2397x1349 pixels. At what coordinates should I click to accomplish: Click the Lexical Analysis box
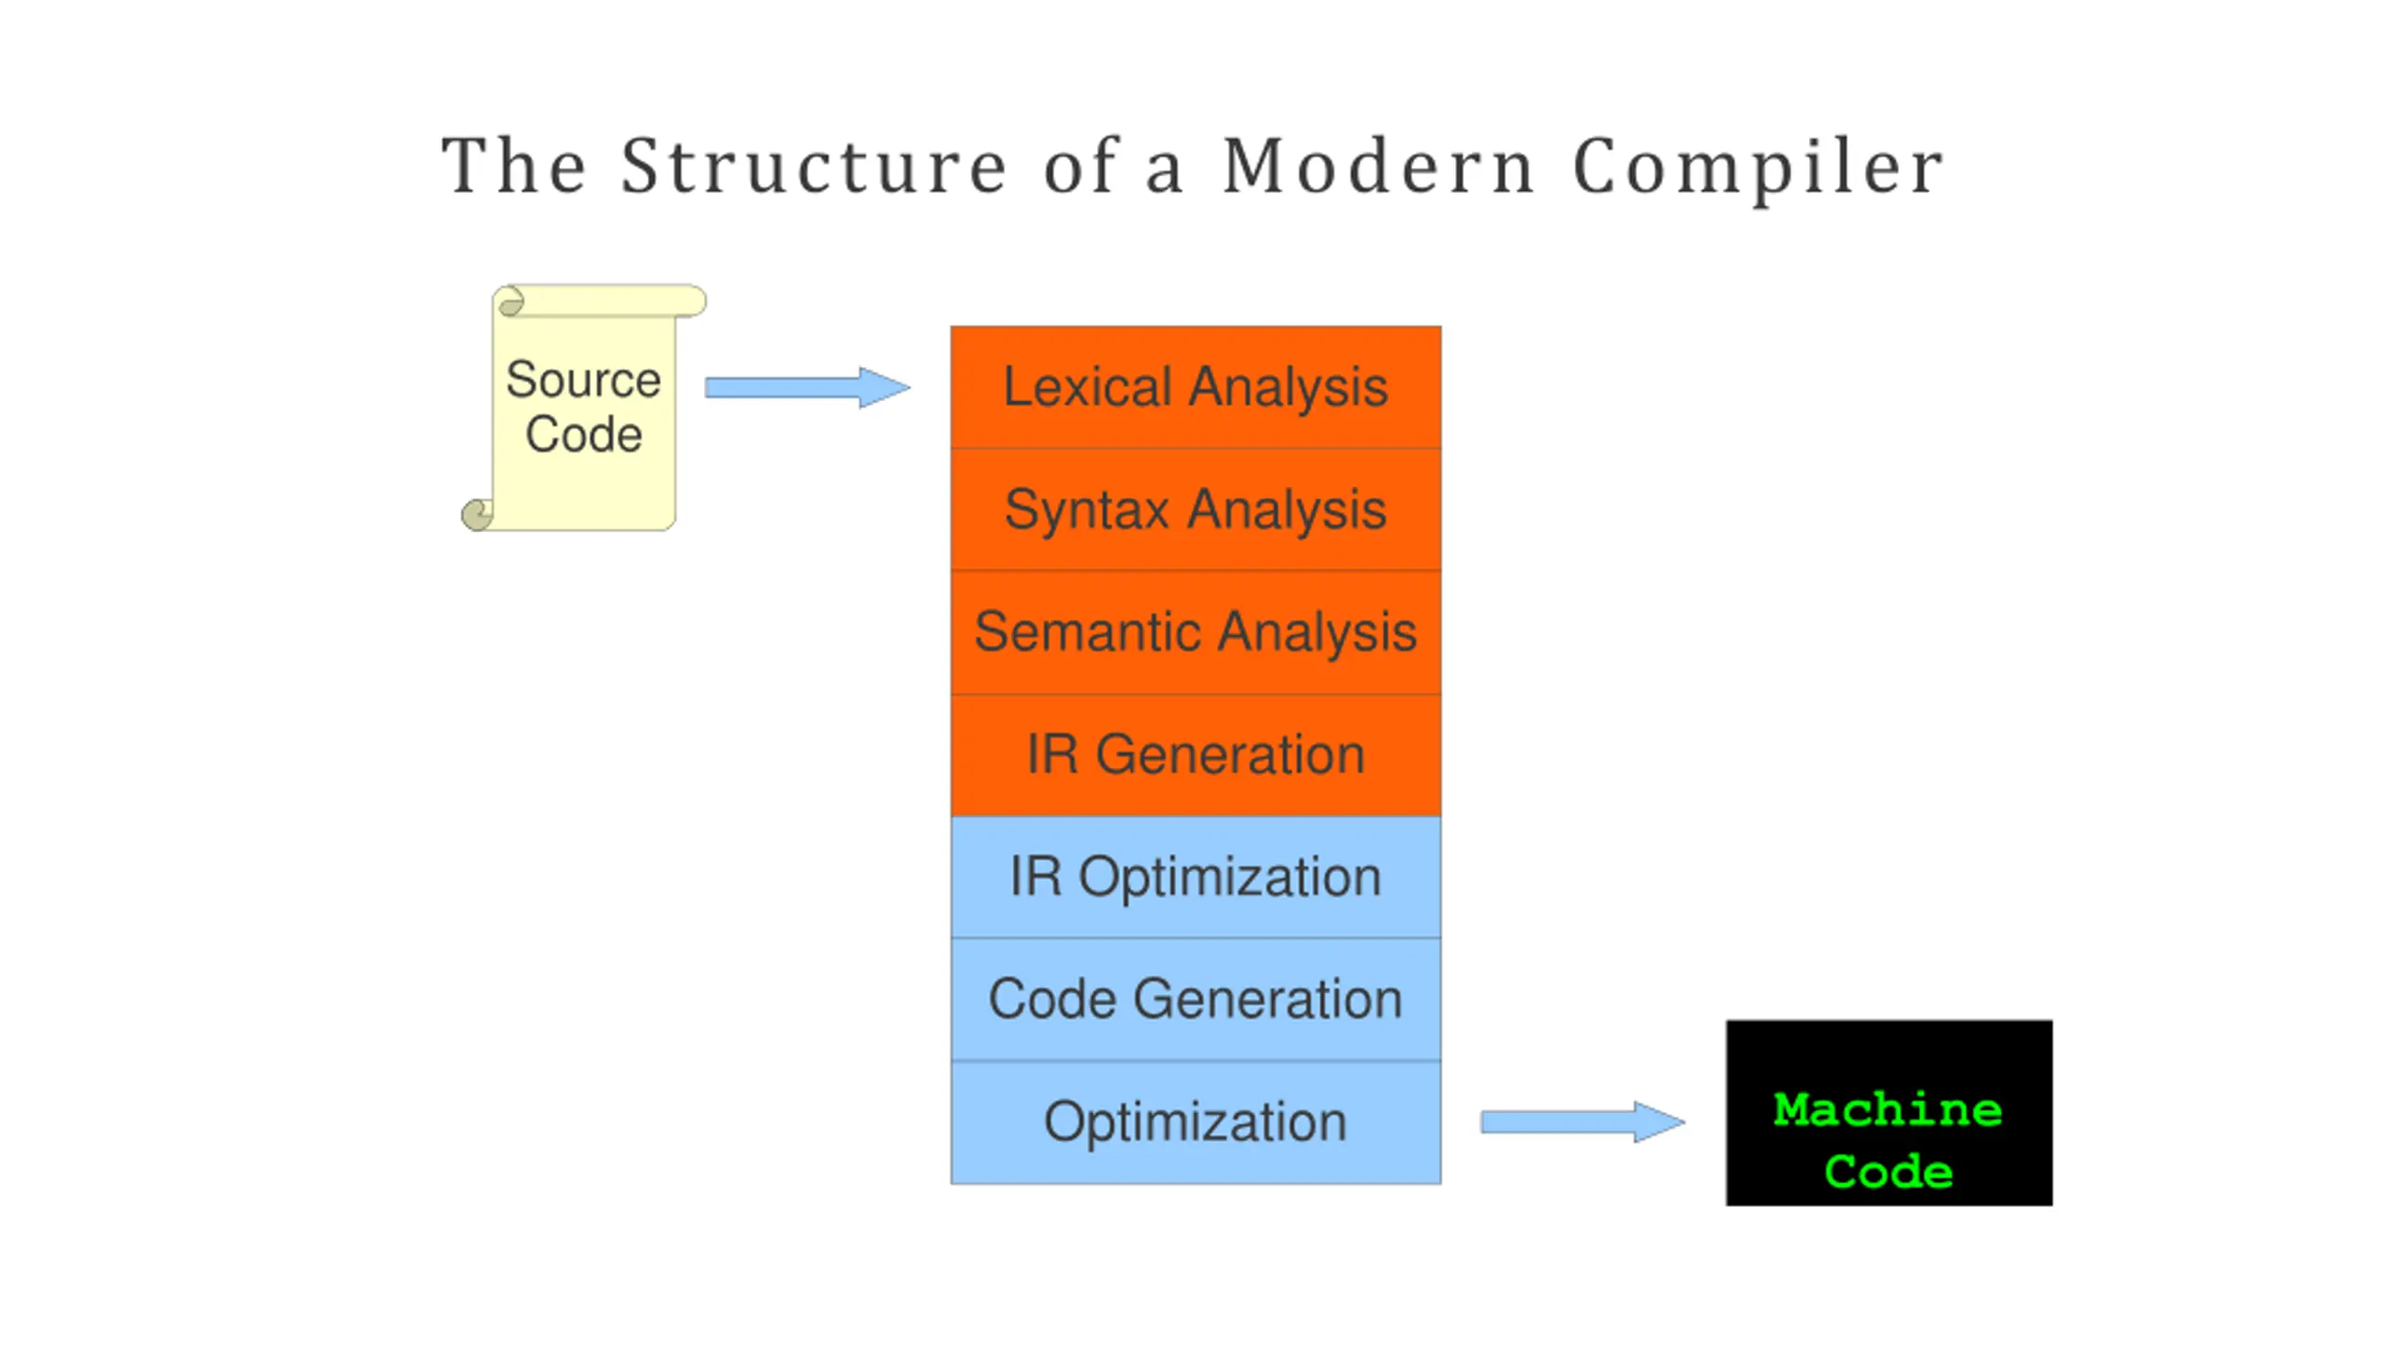pos(1196,387)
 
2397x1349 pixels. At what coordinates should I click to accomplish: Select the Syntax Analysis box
pos(1196,510)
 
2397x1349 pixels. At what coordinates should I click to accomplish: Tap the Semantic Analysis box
pos(1196,632)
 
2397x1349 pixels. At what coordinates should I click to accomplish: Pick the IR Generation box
pos(1196,755)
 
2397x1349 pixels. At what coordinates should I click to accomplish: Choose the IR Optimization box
pos(1196,877)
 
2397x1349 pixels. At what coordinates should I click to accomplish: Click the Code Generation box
pos(1196,1000)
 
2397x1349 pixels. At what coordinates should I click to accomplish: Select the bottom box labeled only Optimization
pos(1196,1122)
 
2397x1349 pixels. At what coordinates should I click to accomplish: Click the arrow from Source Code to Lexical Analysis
pos(807,387)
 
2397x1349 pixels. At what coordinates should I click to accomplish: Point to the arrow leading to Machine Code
pos(1582,1121)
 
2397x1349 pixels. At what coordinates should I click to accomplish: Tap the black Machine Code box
pos(1890,1113)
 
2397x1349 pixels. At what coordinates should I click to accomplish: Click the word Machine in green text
pos(1888,1110)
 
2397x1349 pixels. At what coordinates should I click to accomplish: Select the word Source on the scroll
pos(583,379)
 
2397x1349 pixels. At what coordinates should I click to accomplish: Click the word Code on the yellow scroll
pos(583,435)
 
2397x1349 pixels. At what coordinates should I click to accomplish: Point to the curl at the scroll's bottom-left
pos(478,514)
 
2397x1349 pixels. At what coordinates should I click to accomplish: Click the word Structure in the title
pos(814,166)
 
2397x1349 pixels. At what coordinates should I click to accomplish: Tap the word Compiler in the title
pos(1758,169)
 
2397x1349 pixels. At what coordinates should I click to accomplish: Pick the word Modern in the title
pos(1378,166)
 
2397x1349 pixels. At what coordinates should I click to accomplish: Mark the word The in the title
pos(514,166)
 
